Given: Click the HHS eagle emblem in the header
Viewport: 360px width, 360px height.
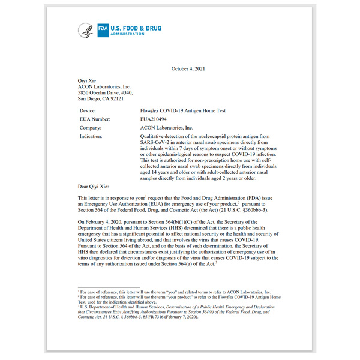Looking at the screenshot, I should coord(86,30).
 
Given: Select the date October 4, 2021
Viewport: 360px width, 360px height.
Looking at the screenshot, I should coord(188,69).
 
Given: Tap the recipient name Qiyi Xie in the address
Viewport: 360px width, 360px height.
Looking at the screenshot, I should coord(88,80).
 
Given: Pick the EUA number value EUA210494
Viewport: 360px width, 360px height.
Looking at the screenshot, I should coord(154,119).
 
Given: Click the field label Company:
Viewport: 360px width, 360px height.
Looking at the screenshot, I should coord(91,128).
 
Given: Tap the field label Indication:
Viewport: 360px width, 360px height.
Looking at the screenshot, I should coord(92,136).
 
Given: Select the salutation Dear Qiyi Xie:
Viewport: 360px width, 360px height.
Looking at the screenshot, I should coord(94,187).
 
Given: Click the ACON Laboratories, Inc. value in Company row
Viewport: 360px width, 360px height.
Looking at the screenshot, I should coord(166,128).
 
